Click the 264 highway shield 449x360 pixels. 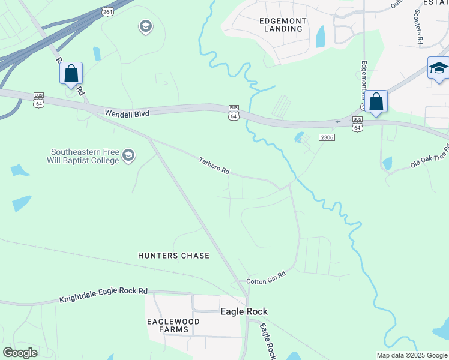click(107, 11)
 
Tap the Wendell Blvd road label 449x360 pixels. click(127, 113)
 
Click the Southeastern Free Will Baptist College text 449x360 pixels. click(83, 156)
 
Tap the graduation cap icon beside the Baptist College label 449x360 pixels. click(128, 156)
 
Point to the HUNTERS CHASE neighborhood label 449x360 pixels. click(174, 256)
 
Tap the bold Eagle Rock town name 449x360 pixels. click(244, 311)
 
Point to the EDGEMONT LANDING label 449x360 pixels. click(283, 25)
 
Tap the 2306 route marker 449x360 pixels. click(327, 137)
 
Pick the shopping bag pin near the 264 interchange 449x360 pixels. click(71, 74)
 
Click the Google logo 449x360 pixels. click(20, 353)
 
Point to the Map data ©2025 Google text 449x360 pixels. click(412, 355)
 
